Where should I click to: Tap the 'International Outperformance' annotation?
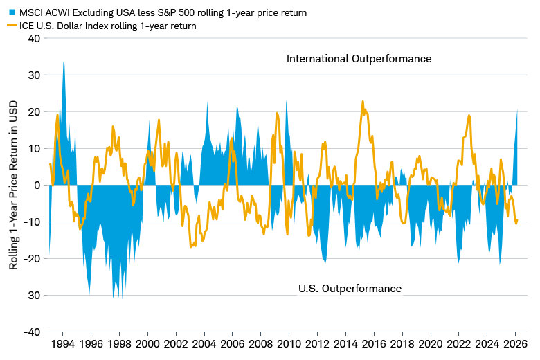click(359, 59)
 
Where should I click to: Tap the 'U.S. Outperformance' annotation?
click(350, 288)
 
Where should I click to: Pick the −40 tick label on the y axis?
click(32, 332)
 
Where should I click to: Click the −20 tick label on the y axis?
click(32, 258)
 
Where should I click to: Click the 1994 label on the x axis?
click(63, 344)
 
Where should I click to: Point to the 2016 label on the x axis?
click(373, 344)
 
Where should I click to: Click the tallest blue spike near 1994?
click(64, 63)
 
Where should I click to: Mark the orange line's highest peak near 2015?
click(362, 102)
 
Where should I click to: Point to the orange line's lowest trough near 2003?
click(190, 246)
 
